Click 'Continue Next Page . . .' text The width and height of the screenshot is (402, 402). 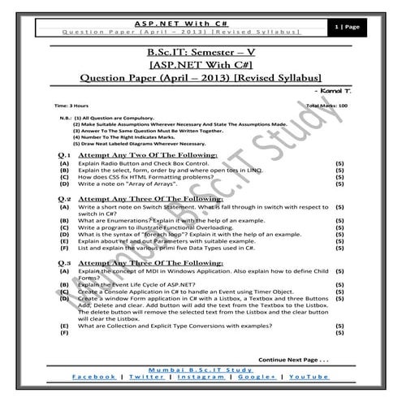293,357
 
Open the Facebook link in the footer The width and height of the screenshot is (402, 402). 94,378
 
